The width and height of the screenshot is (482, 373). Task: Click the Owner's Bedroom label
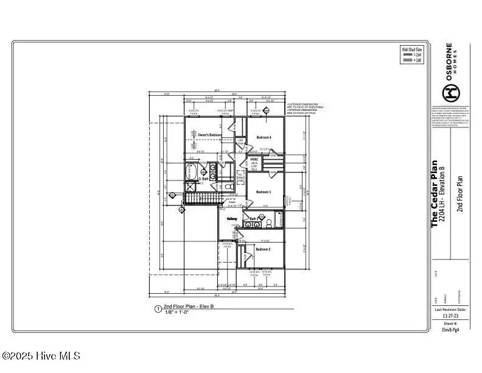[x=209, y=135]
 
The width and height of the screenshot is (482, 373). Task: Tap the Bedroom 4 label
[x=263, y=137]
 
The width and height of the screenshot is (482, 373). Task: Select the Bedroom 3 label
[x=263, y=192]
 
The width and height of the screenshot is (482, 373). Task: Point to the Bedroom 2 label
[x=263, y=249]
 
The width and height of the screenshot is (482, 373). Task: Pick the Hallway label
[x=232, y=219]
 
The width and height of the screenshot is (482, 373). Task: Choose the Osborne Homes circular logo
[x=451, y=93]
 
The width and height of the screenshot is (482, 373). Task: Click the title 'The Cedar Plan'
[x=435, y=194]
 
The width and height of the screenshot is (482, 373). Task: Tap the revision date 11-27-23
[x=450, y=316]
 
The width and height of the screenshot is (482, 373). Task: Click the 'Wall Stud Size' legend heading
[x=411, y=48]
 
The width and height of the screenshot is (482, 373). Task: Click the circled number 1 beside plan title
[x=158, y=308]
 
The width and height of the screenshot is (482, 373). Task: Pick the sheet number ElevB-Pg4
[x=450, y=330]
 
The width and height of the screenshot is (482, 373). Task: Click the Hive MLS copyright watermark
[x=41, y=356]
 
